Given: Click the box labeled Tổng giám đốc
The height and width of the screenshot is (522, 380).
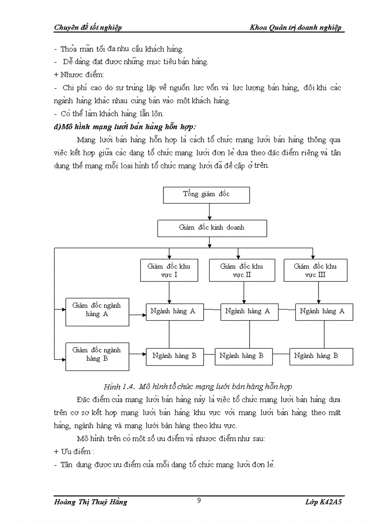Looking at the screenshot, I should click(x=206, y=195).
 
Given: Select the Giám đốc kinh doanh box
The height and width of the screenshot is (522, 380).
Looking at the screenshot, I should click(x=212, y=228).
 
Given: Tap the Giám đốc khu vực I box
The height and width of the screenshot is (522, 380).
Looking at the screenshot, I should click(x=169, y=271).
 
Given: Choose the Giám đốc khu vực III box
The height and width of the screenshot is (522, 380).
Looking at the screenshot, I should click(x=315, y=271).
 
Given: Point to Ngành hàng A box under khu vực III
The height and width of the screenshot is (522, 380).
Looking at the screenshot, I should click(x=324, y=312).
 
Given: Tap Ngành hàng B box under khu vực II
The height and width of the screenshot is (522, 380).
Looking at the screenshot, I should click(x=241, y=357).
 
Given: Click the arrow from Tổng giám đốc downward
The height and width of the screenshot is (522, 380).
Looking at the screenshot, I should click(x=210, y=211).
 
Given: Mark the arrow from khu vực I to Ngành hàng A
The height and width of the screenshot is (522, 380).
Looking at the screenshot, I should click(x=169, y=292).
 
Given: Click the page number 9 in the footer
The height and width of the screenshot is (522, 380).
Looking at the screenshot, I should click(x=199, y=501).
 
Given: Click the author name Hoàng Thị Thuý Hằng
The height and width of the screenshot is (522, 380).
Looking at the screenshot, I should click(x=90, y=502).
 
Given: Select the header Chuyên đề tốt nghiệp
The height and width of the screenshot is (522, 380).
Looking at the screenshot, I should click(x=88, y=27).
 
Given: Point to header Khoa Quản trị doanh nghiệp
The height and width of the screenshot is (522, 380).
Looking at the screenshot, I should click(x=296, y=27).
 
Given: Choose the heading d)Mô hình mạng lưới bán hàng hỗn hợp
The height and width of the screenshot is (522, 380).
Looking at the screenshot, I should click(x=125, y=126).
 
